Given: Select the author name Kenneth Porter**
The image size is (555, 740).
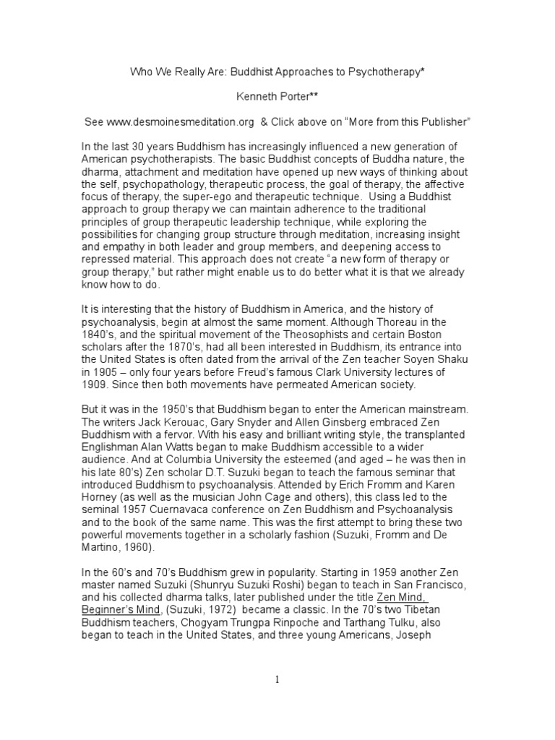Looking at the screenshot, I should click(x=277, y=96).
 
